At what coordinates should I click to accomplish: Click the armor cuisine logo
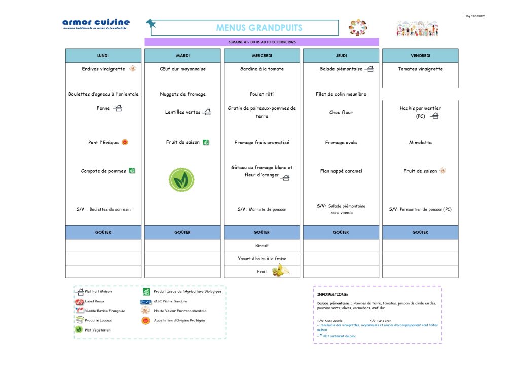click(96, 23)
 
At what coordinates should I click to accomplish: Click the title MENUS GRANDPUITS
click(259, 28)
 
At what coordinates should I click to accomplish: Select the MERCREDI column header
click(262, 56)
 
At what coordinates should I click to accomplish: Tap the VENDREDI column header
click(420, 56)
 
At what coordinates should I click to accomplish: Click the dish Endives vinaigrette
click(104, 69)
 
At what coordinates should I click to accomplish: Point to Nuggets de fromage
click(182, 94)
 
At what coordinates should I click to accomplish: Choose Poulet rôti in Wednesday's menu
click(262, 94)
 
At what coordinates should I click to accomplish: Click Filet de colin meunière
click(341, 94)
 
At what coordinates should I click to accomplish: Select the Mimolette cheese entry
click(420, 143)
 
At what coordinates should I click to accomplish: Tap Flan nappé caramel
click(341, 171)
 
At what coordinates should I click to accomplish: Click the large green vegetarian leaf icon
click(181, 180)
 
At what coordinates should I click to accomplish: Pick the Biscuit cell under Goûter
click(262, 245)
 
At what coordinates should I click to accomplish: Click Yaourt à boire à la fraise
click(262, 259)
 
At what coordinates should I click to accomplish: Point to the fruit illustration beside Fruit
click(281, 270)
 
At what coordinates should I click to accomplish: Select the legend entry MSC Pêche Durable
click(170, 301)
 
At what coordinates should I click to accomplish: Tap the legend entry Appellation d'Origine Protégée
click(179, 320)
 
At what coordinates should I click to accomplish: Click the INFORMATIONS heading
click(332, 295)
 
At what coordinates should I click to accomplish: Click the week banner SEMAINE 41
click(262, 42)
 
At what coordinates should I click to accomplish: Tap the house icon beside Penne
click(118, 108)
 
